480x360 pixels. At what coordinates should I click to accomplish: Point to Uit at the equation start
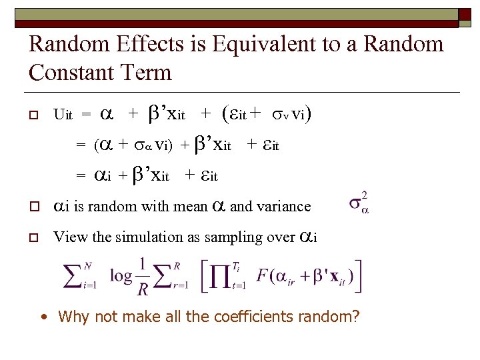click(x=63, y=115)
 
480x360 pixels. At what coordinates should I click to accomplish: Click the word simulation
click(x=137, y=237)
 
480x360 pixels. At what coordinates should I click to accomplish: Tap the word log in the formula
click(x=121, y=275)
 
